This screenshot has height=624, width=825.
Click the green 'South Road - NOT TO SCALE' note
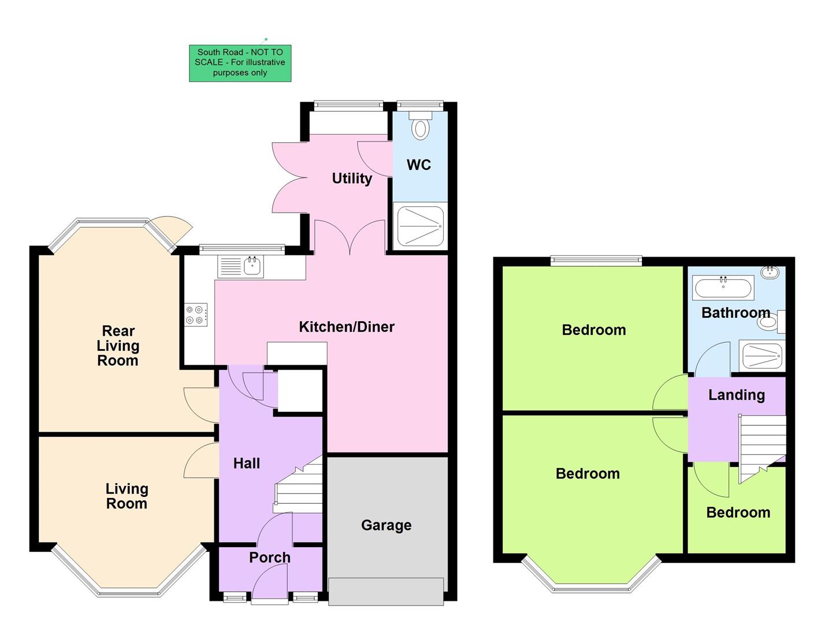(240, 63)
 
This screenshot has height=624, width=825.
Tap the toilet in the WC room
(420, 127)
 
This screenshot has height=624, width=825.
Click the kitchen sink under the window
(252, 267)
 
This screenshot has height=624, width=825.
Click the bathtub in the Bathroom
(723, 287)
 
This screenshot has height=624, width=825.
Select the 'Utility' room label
(351, 179)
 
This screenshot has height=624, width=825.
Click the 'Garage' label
(386, 525)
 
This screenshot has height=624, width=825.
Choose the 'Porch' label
(269, 558)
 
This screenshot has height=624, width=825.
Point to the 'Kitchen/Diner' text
(346, 327)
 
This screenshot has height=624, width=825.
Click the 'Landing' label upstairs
(736, 395)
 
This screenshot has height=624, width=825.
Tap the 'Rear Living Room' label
(118, 346)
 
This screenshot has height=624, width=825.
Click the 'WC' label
(418, 165)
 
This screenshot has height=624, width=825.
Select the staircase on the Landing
(762, 445)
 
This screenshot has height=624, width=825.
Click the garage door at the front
(386, 590)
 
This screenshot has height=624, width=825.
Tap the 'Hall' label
(246, 463)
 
